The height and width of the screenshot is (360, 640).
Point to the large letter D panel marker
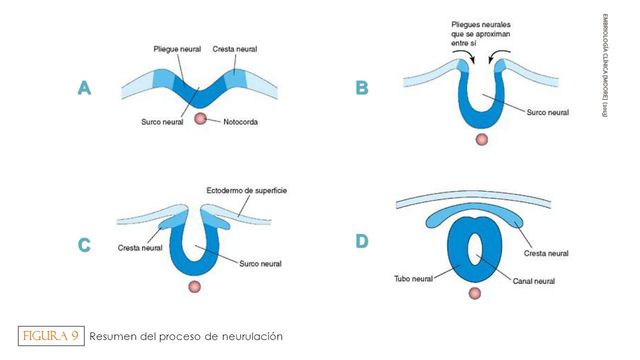(x=361, y=241)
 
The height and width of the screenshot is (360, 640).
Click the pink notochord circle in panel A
(x=202, y=119)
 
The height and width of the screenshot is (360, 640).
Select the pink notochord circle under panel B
(x=484, y=139)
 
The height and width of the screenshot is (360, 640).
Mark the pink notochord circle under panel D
(x=476, y=292)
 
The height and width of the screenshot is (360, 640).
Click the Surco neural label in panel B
(x=546, y=113)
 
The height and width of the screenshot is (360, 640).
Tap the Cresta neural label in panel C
(x=141, y=247)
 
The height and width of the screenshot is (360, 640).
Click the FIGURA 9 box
(x=49, y=336)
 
